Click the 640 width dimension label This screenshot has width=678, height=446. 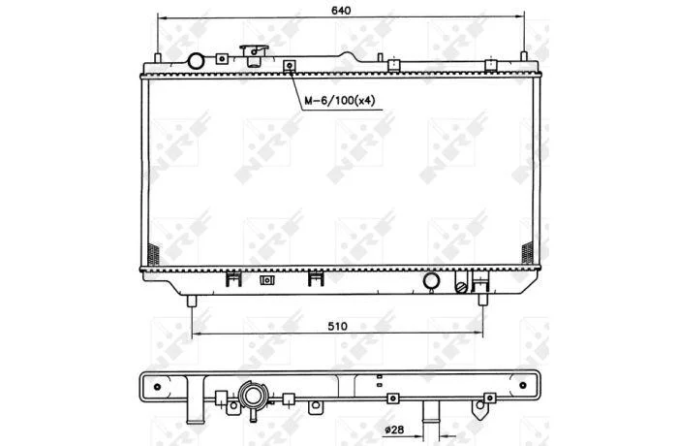pyautogui.click(x=341, y=10)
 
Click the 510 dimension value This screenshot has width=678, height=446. pyautogui.click(x=337, y=326)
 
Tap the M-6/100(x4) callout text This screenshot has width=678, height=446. pyautogui.click(x=340, y=101)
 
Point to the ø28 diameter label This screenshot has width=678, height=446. pyautogui.click(x=394, y=430)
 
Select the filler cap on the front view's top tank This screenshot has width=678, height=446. pyautogui.click(x=254, y=55)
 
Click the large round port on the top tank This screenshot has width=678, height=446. pyautogui.click(x=196, y=61)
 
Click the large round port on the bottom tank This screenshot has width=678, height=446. pyautogui.click(x=431, y=280)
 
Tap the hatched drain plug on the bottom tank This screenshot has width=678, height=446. pyautogui.click(x=461, y=287)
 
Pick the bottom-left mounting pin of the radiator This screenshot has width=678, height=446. pyautogui.click(x=192, y=301)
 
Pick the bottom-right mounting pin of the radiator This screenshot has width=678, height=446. pyautogui.click(x=483, y=300)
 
